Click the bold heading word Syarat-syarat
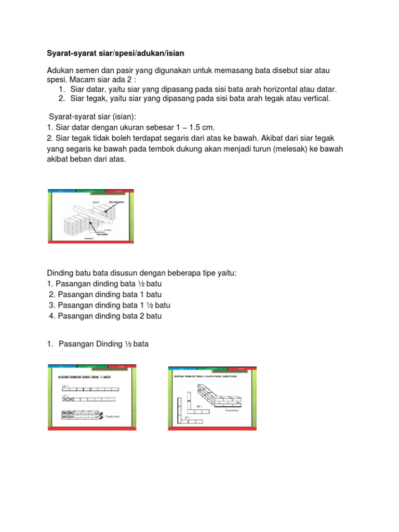pyautogui.click(x=70, y=54)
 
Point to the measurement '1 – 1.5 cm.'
pyautogui.click(x=196, y=127)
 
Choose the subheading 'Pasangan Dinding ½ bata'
pyautogui.click(x=103, y=343)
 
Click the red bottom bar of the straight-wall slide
pyautogui.click(x=92, y=428)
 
